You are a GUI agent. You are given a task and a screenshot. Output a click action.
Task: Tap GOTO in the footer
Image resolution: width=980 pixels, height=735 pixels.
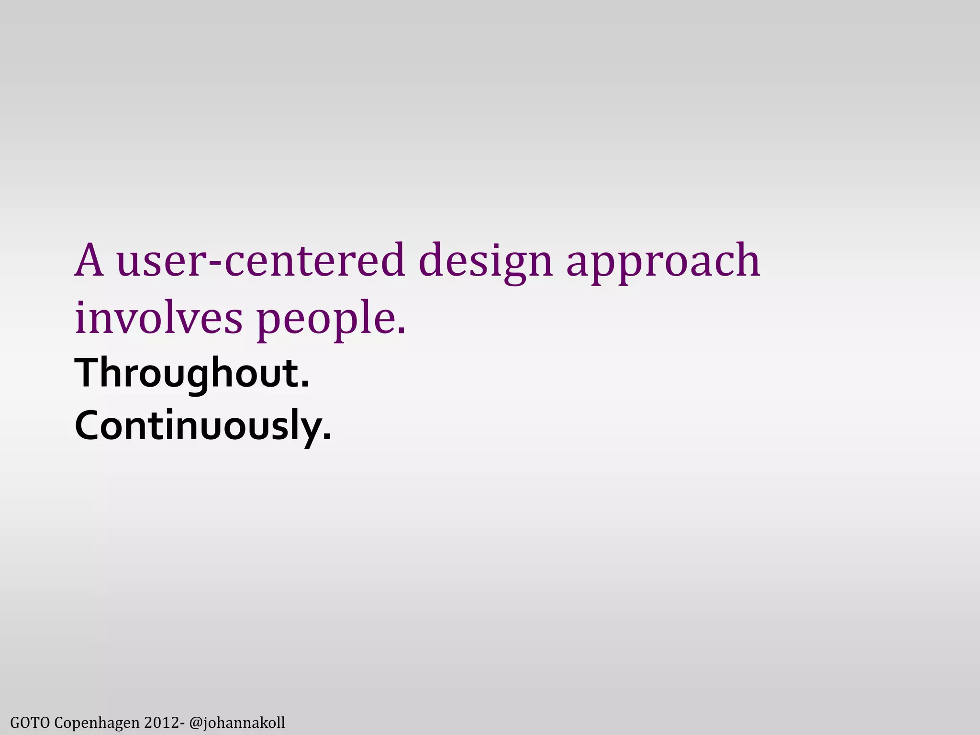[30, 722]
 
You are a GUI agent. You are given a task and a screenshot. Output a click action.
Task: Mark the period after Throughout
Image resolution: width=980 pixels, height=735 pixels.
[305, 385]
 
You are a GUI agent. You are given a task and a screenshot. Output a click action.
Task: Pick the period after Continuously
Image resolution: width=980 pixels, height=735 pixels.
[327, 436]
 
